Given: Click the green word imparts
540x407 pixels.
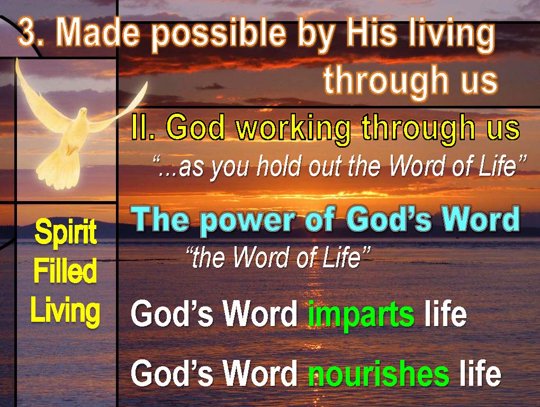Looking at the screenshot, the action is click(361, 316).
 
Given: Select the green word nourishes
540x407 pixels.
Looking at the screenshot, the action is click(379, 374).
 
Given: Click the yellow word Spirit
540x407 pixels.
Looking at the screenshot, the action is click(66, 233).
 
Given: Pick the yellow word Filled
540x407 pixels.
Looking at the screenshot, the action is click(65, 271).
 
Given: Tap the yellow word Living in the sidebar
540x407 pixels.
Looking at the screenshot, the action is click(65, 311).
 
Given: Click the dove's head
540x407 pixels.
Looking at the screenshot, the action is click(83, 113).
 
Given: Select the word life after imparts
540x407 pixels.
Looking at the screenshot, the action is click(445, 313).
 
